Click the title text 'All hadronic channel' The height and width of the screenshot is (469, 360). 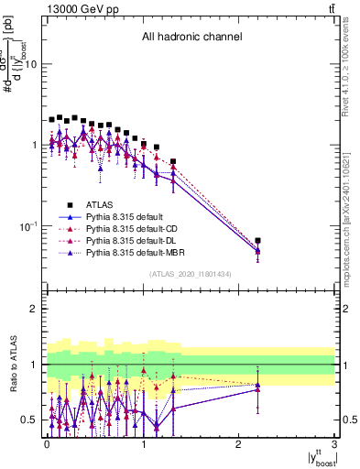[191, 38]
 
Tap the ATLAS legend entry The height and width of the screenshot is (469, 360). [100, 204]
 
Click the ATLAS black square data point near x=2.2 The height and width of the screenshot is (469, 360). [258, 241]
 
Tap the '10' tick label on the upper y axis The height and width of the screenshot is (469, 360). [30, 64]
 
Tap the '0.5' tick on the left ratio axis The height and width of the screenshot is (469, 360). [29, 420]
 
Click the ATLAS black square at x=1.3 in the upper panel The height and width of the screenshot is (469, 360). [172, 161]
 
